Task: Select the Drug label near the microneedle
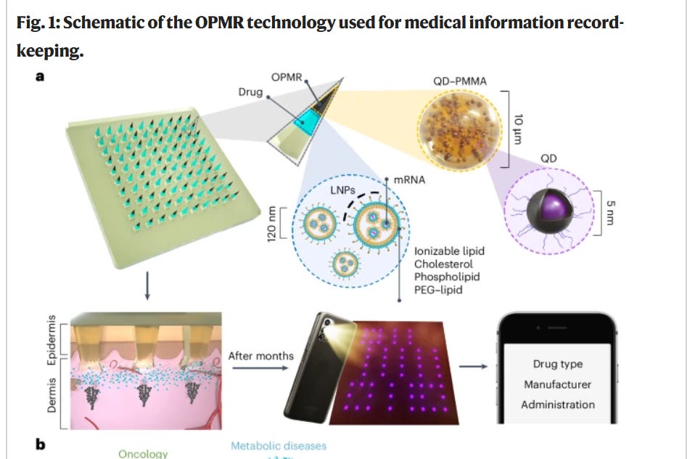pyautogui.click(x=250, y=93)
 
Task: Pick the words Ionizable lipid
pyautogui.click(x=449, y=251)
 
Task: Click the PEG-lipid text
pyautogui.click(x=437, y=290)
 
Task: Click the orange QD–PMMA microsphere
pyautogui.click(x=458, y=129)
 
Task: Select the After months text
pyautogui.click(x=261, y=356)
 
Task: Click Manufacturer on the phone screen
pyautogui.click(x=558, y=384)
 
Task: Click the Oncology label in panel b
pyautogui.click(x=143, y=453)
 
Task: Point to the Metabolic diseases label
pyautogui.click(x=279, y=445)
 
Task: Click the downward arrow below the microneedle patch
pyautogui.click(x=148, y=289)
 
